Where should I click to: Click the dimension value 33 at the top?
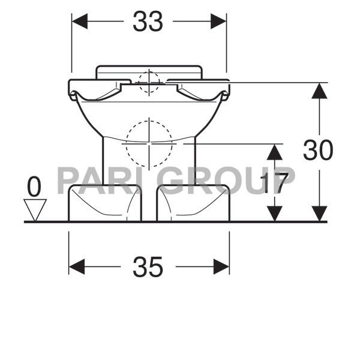[148, 22]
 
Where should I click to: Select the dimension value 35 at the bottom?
[148, 266]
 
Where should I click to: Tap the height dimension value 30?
[317, 151]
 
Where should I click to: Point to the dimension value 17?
[278, 182]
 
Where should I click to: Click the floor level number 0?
[34, 187]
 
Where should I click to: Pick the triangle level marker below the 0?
[35, 209]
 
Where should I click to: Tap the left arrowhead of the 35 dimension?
[77, 266]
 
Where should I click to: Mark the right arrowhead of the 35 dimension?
[221, 266]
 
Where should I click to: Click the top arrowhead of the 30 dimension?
[319, 91]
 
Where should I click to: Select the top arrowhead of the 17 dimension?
[274, 152]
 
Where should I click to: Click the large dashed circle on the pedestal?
[149, 143]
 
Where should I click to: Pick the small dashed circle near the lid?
[149, 82]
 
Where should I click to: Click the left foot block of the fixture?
[105, 203]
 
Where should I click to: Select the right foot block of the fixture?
[193, 203]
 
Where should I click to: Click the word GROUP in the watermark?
[228, 180]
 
